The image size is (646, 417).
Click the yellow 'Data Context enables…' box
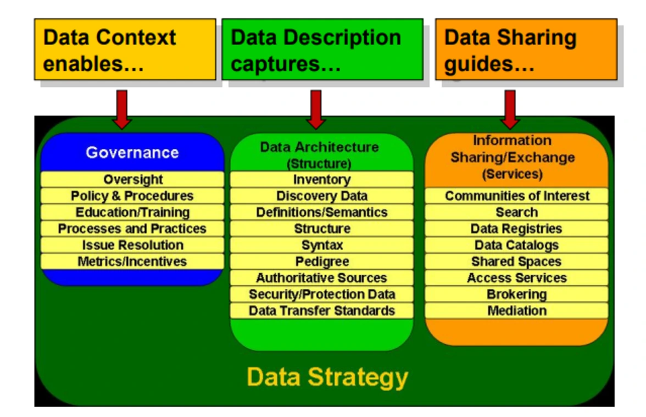coord(125,49)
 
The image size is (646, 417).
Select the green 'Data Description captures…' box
coord(322,49)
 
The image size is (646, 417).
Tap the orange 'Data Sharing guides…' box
coord(526,49)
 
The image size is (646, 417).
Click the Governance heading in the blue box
coord(132,153)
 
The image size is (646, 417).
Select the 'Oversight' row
coord(132,180)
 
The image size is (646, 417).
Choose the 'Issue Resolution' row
coord(132,245)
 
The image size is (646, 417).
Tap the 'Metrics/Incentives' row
coord(132,262)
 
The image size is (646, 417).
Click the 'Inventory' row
coord(321,180)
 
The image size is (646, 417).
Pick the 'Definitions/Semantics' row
coord(321,213)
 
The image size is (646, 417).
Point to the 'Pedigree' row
coord(321,262)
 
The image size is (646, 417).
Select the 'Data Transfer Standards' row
coord(321,311)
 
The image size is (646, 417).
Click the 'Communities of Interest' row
coord(517,196)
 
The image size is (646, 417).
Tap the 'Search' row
coord(517,213)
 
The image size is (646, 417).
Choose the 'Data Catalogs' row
coord(517,245)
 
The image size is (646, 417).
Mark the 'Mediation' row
coord(517,311)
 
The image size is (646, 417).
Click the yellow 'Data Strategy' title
coord(327,377)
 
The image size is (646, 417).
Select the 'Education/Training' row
coord(132,213)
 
